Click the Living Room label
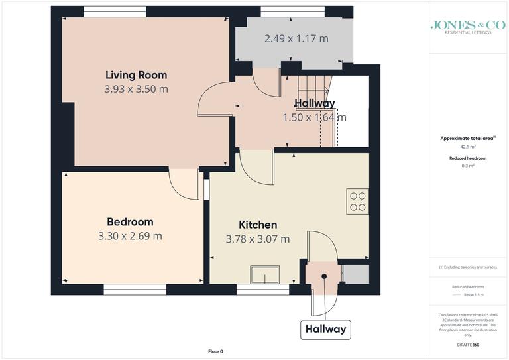point(137,74)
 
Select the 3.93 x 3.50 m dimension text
point(137,89)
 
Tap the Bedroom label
point(130,221)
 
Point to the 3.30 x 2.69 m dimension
point(130,236)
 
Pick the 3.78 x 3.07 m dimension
point(258,239)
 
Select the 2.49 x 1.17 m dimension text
point(296,39)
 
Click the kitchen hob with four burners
point(358,201)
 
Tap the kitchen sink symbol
point(264,274)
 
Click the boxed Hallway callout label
point(325,329)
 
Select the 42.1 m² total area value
point(469,147)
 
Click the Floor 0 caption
point(215,351)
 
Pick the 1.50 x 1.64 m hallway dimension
point(314,118)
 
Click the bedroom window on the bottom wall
point(135,288)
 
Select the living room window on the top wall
point(115,11)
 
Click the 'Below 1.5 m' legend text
point(473,294)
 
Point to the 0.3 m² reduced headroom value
point(469,166)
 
